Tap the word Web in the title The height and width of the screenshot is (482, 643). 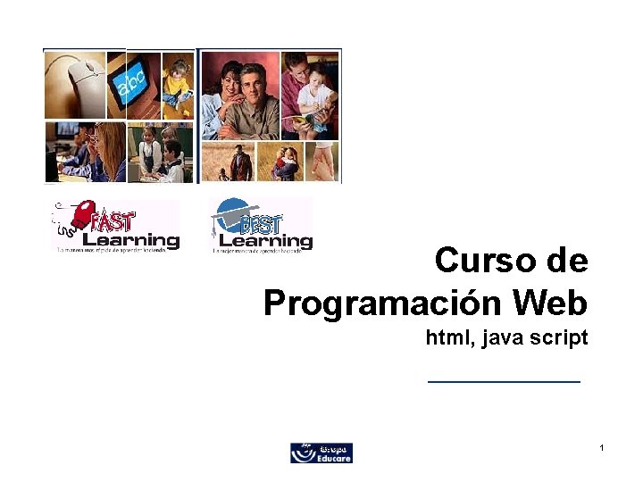click(x=550, y=303)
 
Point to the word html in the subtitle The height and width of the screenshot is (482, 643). click(x=445, y=338)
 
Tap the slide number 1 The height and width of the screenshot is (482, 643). click(x=603, y=446)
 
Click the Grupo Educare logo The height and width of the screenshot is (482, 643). click(x=321, y=453)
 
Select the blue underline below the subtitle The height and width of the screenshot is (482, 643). click(x=504, y=381)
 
